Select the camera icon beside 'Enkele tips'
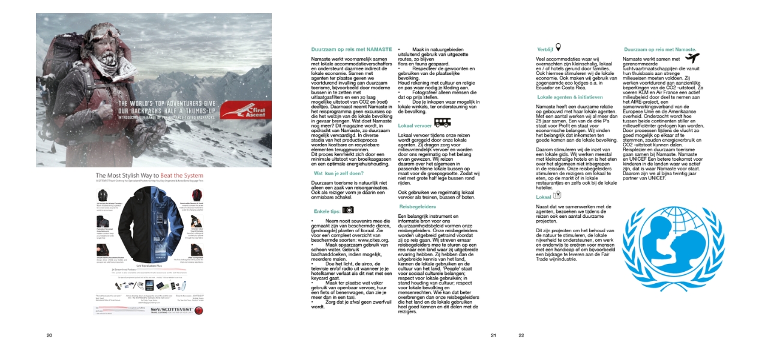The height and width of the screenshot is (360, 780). coord(348,210)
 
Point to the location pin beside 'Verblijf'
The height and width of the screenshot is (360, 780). coord(558,47)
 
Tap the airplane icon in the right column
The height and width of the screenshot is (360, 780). coord(692,58)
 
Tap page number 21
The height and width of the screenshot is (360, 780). coord(493,335)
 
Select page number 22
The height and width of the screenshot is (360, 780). coord(521,335)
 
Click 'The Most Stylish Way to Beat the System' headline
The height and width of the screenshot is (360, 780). coord(153,176)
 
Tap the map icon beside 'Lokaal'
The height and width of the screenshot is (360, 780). coord(557,195)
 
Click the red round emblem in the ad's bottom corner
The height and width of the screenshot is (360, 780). coord(199,310)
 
